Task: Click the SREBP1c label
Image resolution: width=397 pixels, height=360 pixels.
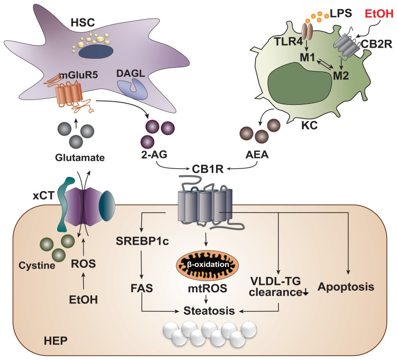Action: [x=139, y=242]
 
